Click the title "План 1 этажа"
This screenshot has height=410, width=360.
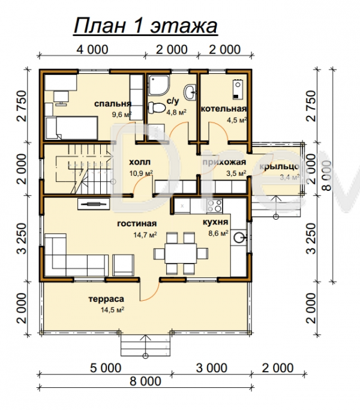(146, 26)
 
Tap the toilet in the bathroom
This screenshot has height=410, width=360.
(157, 107)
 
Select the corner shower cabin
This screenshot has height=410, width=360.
(158, 85)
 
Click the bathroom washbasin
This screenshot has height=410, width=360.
(190, 92)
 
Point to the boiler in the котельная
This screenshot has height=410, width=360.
(237, 89)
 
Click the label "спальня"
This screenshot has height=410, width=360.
(113, 104)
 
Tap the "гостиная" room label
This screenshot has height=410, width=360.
(137, 224)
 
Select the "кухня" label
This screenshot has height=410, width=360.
(215, 222)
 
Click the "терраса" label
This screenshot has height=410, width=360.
(106, 299)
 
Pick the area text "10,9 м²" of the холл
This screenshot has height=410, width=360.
(141, 173)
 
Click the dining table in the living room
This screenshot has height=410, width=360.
(181, 253)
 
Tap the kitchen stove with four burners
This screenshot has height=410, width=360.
(215, 206)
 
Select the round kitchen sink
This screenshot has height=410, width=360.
(239, 238)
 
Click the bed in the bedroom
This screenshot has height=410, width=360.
(71, 128)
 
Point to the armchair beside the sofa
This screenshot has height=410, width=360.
(124, 265)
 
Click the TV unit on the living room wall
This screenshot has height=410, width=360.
(94, 204)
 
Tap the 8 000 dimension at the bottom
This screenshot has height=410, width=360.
(145, 381)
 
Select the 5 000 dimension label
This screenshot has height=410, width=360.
(106, 367)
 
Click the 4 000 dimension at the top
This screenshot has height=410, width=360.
(92, 49)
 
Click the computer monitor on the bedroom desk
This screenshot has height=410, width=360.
(61, 97)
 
